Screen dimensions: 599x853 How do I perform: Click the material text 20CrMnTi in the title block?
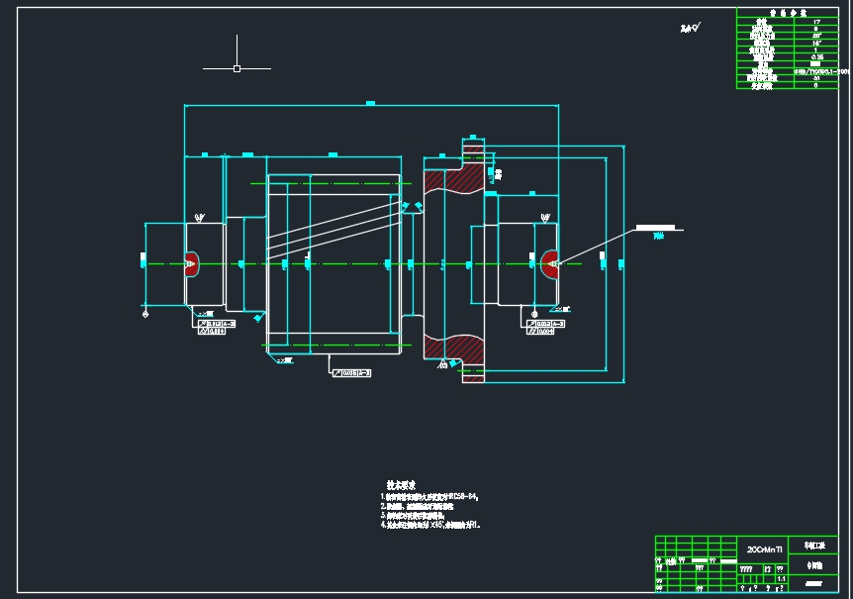pyautogui.click(x=765, y=548)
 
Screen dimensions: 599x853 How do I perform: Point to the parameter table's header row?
pyautogui.click(x=787, y=12)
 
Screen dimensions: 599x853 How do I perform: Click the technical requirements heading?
pyautogui.click(x=400, y=485)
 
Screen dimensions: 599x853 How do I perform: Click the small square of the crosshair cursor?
pyautogui.click(x=237, y=68)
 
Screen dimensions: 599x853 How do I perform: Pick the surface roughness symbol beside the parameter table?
pyautogui.click(x=690, y=28)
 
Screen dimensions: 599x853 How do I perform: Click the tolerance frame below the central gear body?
pyautogui.click(x=351, y=372)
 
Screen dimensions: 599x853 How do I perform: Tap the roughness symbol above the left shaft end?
pyautogui.click(x=200, y=217)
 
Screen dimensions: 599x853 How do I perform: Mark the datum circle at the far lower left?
pyautogui.click(x=145, y=315)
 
